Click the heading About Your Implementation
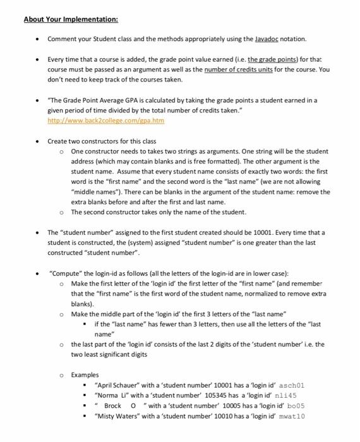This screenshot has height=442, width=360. [x=62, y=19]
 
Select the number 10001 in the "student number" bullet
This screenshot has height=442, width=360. [x=313, y=232]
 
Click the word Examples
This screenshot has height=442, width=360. [x=85, y=374]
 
